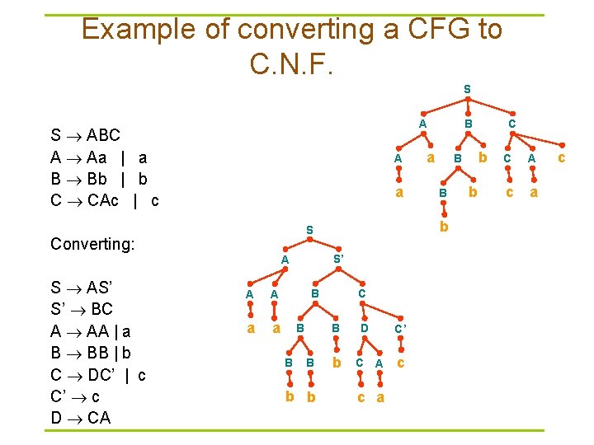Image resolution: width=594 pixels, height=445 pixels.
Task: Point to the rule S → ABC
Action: [85, 135]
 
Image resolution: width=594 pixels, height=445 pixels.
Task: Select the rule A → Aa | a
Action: [98, 157]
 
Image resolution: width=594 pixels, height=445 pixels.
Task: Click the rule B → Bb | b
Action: [98, 178]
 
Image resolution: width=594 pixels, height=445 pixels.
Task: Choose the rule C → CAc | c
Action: [104, 200]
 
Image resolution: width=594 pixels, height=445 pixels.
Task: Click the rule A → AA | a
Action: [90, 331]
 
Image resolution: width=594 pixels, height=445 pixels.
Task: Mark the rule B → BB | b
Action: [91, 353]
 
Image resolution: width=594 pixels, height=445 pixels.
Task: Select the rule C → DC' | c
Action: [98, 375]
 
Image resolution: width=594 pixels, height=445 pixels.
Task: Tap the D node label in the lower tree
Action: [364, 329]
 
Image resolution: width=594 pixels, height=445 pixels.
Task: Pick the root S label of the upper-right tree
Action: [467, 88]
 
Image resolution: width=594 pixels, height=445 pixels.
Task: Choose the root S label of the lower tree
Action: [309, 229]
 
